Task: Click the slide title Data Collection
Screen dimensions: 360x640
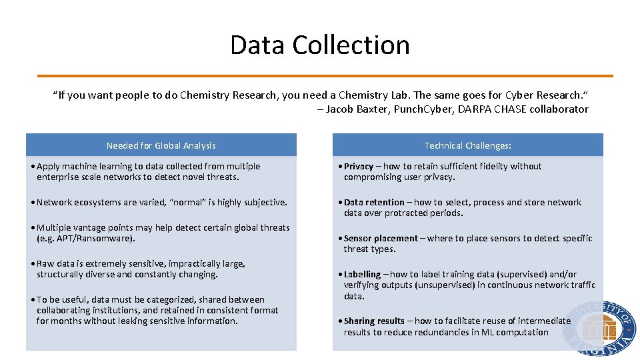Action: click(x=320, y=45)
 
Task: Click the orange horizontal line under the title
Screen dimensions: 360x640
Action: click(x=325, y=76)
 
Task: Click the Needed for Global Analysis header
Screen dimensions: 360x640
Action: click(x=161, y=145)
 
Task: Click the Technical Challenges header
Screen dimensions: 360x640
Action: click(x=467, y=145)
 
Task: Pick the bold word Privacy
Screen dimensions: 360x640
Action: click(x=359, y=167)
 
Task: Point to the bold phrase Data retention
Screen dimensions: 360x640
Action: click(x=374, y=203)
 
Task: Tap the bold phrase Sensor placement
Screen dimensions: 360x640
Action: click(x=381, y=239)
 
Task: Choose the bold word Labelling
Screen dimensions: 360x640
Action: click(x=362, y=275)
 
